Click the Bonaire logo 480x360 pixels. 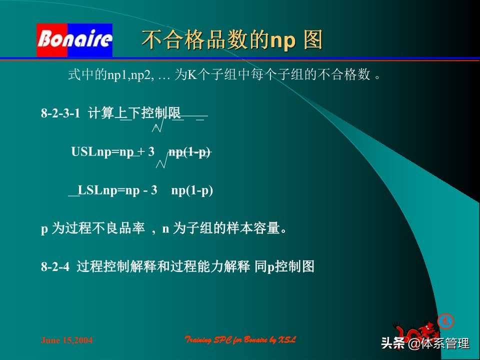(74, 40)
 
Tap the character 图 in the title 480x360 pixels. (313, 40)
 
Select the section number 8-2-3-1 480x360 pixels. (60, 113)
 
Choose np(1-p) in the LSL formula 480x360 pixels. (192, 190)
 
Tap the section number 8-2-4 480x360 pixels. (55, 267)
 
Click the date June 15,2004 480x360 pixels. (66, 340)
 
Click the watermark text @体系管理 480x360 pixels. (438, 343)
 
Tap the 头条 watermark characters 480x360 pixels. (393, 343)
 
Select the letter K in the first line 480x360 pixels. (190, 75)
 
